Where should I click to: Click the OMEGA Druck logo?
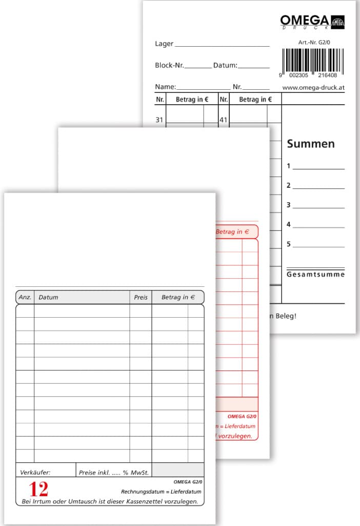312,21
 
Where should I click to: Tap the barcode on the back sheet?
312,60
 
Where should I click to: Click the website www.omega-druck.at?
313,88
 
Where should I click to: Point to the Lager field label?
164,44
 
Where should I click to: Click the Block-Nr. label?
169,66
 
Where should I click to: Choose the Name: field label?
165,87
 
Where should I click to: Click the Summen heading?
311,144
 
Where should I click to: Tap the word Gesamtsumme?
315,275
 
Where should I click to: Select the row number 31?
159,120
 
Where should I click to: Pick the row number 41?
223,120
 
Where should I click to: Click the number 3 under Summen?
289,205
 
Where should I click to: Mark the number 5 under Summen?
289,244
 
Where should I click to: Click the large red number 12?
38,489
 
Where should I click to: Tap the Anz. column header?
25,297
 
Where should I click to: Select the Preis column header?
141,297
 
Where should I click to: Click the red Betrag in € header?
232,232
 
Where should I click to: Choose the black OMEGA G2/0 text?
188,482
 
